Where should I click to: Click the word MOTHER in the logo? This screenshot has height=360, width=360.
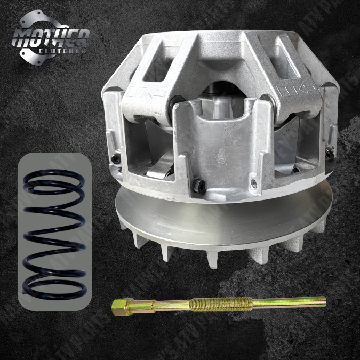point(51,37)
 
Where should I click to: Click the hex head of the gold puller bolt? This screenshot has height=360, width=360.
point(118,308)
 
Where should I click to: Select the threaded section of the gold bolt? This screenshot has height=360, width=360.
point(209,304)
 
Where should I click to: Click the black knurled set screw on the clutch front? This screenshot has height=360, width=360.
point(199,186)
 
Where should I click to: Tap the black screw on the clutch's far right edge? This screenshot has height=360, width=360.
point(331,154)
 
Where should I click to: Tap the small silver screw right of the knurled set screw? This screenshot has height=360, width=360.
point(253,182)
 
